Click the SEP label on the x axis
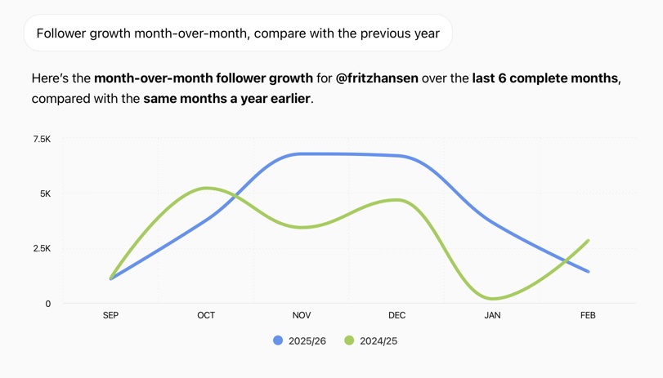coord(110,315)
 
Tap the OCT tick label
coord(206,315)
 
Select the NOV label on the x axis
coord(302,315)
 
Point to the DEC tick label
coord(397,315)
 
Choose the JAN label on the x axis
coord(492,315)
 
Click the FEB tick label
coord(588,315)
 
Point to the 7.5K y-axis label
coord(42,140)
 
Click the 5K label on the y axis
coord(45,194)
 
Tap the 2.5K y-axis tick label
coord(42,249)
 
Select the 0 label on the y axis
coord(48,304)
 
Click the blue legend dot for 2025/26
coord(278,340)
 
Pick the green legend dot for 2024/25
coord(349,340)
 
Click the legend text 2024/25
coord(379,341)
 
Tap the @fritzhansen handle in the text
coord(377,78)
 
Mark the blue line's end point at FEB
coord(588,272)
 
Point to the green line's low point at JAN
coord(492,299)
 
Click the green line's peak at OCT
coord(206,188)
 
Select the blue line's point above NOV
coord(302,153)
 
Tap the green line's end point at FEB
coord(588,241)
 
